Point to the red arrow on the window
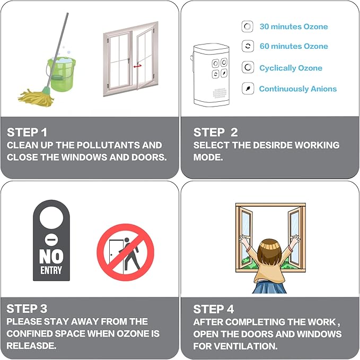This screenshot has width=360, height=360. pyautogui.click(x=137, y=66)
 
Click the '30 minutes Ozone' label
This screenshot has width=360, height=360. pyautogui.click(x=293, y=27)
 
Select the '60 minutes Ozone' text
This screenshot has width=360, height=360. pyautogui.click(x=293, y=46)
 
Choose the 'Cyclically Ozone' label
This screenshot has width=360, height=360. pyautogui.click(x=291, y=68)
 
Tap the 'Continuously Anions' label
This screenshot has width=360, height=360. pyautogui.click(x=297, y=89)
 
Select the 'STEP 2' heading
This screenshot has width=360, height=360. pyautogui.click(x=215, y=132)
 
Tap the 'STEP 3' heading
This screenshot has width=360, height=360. pyautogui.click(x=27, y=309)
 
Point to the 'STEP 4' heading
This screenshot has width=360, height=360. pyautogui.click(x=214, y=309)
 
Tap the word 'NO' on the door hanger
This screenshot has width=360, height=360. pyautogui.click(x=51, y=257)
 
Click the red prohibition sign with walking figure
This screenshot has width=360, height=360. pyautogui.click(x=125, y=252)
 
